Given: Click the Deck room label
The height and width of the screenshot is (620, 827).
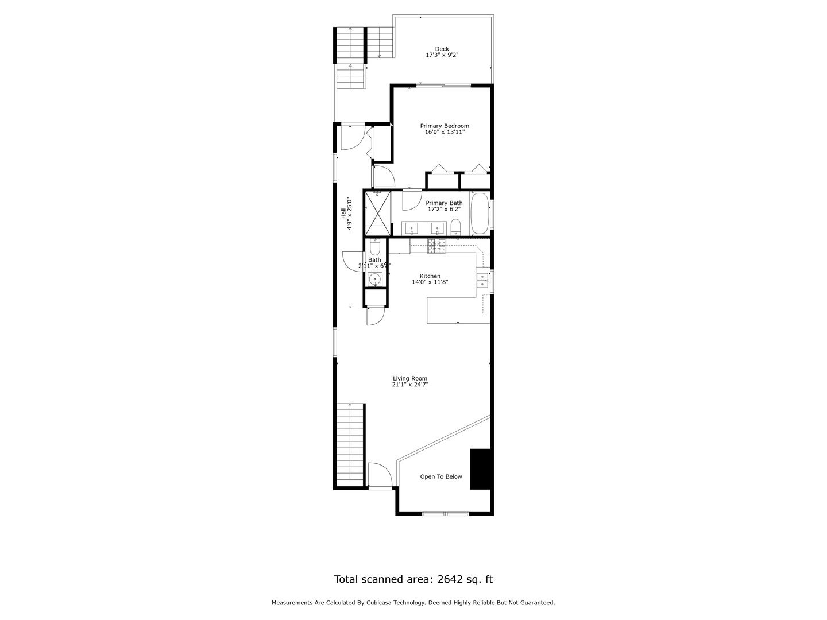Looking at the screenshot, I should point(442,49).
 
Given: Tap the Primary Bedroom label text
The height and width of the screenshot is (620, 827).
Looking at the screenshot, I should point(445,126).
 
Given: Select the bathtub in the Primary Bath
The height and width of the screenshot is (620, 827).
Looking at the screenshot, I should point(480,214).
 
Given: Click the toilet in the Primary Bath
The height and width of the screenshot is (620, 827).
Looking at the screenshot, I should point(455,227).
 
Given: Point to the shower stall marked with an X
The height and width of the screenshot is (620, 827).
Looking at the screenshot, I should point(377,213).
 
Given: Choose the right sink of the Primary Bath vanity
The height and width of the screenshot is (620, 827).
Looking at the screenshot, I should point(438,228).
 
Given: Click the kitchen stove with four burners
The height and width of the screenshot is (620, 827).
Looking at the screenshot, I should point(436,246).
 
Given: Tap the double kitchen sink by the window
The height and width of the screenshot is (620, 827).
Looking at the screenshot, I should point(482,280).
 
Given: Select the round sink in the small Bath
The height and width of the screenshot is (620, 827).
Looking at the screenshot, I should point(375,280).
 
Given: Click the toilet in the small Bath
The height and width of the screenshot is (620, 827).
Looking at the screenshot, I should point(375,247).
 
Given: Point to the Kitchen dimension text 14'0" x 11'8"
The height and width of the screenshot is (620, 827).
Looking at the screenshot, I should point(430,282).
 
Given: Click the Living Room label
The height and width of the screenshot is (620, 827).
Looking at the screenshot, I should point(410,379).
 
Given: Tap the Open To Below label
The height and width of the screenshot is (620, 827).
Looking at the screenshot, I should point(440,476).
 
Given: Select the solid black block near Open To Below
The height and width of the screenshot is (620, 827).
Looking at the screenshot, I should point(480,469).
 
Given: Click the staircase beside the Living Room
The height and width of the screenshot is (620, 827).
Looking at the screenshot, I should point(350,442).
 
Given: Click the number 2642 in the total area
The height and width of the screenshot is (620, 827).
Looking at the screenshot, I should point(453,579).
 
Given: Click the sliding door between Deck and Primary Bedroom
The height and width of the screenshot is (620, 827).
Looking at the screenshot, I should point(442,86).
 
